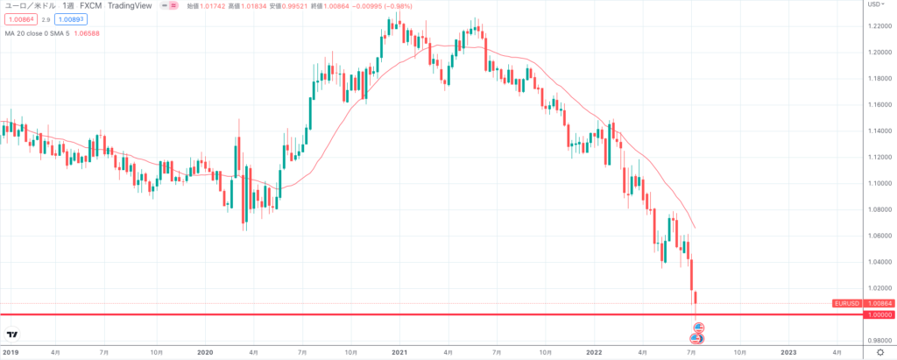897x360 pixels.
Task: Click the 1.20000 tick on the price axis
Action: pyautogui.click(x=879, y=52)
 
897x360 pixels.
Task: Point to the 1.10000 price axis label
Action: pyautogui.click(x=879, y=183)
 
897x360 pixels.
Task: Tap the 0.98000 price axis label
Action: pyautogui.click(x=879, y=341)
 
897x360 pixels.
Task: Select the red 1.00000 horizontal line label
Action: pyautogui.click(x=879, y=314)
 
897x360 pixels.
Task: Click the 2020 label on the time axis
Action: pyautogui.click(x=205, y=352)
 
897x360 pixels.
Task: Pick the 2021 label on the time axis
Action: pyautogui.click(x=399, y=352)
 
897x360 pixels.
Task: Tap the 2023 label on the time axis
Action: pyautogui.click(x=788, y=352)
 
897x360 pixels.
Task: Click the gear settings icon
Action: pyautogui.click(x=880, y=352)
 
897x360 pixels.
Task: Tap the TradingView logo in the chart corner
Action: pyautogui.click(x=13, y=335)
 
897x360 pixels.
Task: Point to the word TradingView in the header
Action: pyautogui.click(x=131, y=4)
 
